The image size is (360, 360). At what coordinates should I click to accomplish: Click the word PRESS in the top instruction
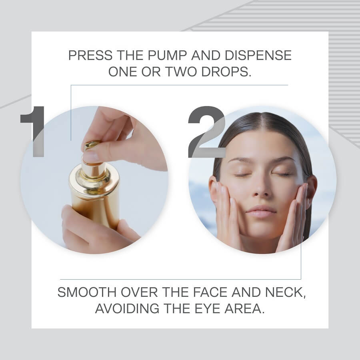pyautogui.click(x=90, y=55)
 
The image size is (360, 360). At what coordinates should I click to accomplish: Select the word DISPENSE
pyautogui.click(x=258, y=55)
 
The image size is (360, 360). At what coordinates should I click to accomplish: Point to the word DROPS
pyautogui.click(x=226, y=72)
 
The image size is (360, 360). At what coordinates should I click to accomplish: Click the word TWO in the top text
pyautogui.click(x=181, y=72)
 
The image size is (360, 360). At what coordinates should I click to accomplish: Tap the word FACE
pyautogui.click(x=210, y=292)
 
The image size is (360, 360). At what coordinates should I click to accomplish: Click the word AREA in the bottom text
pyautogui.click(x=244, y=308)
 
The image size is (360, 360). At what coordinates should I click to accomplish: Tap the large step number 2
pyautogui.click(x=207, y=132)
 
